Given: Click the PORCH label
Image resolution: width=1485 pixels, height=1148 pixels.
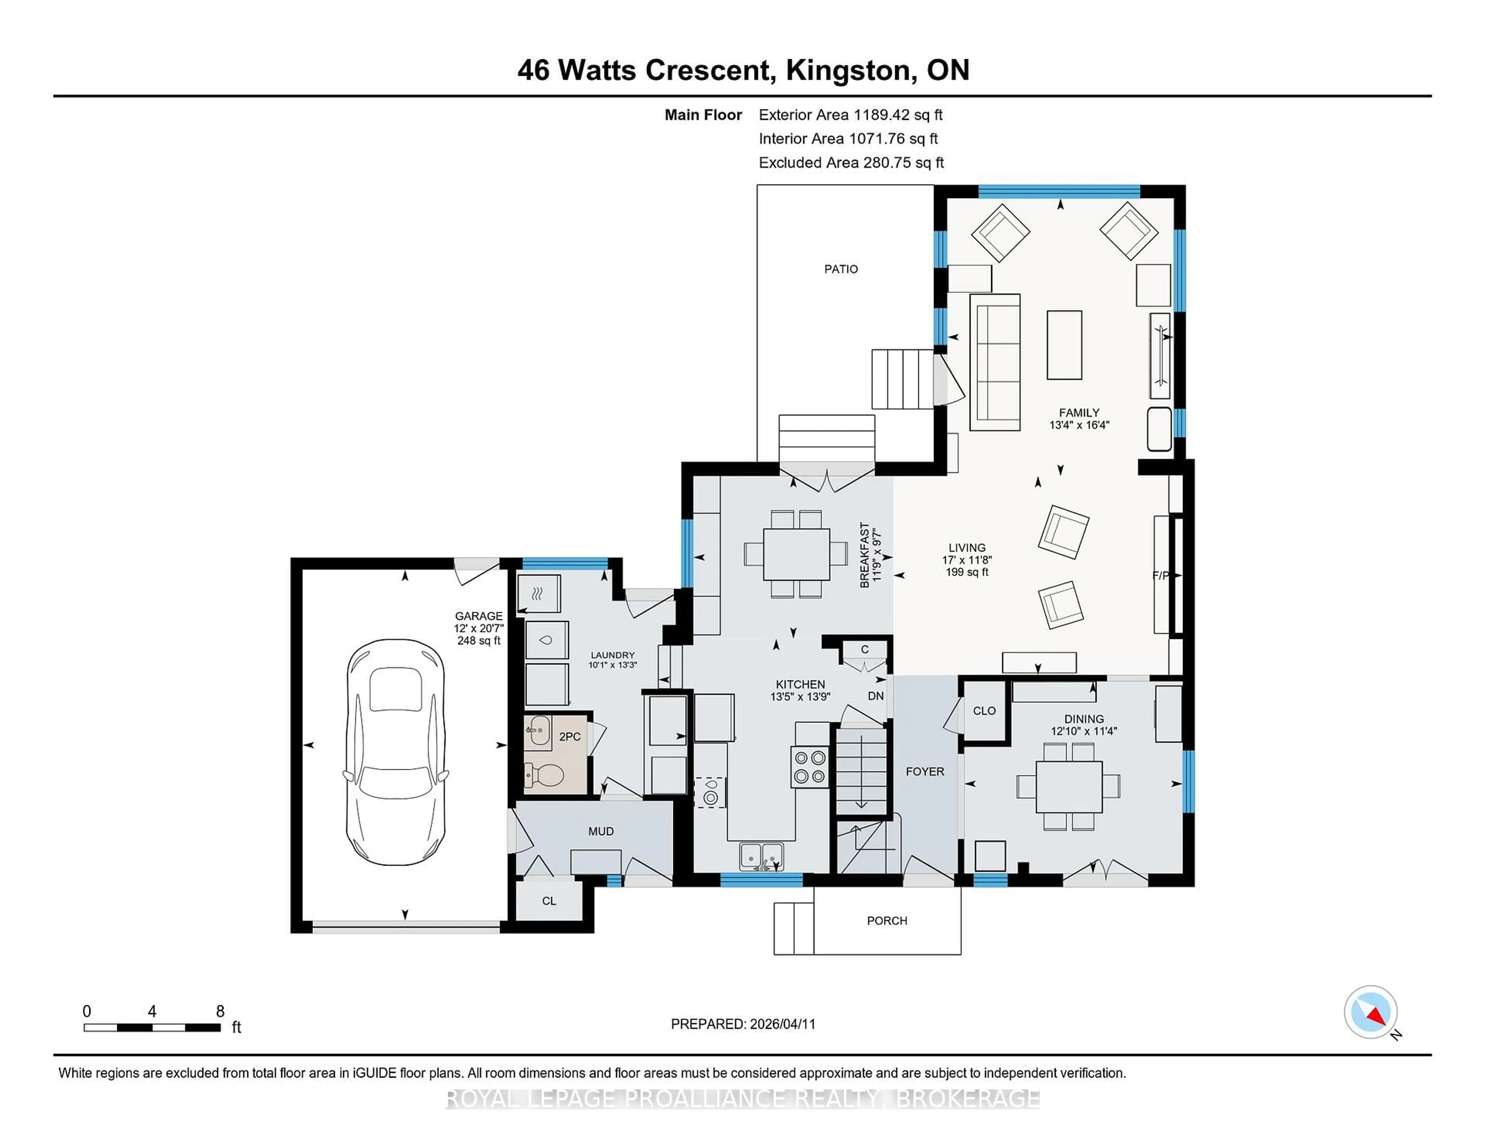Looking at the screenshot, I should coord(887,921).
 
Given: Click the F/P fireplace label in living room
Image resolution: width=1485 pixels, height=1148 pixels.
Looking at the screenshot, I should coord(1160,576).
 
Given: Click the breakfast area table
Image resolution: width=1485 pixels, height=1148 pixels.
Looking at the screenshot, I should coord(795,554).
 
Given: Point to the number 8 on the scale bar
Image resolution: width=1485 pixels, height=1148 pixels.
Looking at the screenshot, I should coord(220,1011).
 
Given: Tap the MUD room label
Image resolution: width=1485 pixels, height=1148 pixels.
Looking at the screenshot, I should coord(601,831).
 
